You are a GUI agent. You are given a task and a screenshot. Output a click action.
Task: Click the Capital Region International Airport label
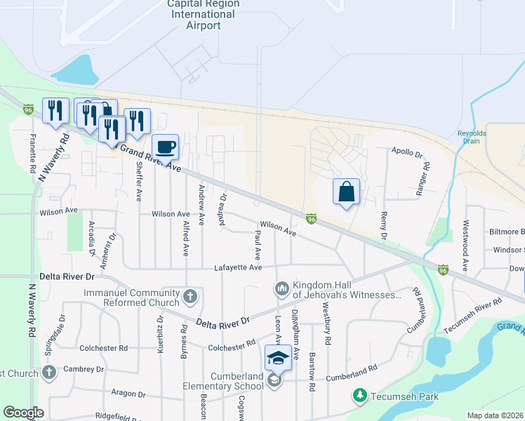click(x=204, y=15)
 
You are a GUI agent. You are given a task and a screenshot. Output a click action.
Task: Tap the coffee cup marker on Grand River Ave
click(x=166, y=147)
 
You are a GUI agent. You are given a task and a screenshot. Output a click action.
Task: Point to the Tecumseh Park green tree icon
click(x=360, y=396)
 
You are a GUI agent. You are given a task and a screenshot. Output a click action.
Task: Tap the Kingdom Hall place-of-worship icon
click(x=281, y=288)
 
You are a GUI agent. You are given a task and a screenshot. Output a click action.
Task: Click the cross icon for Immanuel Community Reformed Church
click(x=190, y=297)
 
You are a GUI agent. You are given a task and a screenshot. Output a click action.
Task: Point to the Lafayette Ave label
click(x=238, y=267)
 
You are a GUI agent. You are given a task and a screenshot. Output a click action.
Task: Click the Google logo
click(x=23, y=413)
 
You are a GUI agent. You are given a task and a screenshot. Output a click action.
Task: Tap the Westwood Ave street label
click(x=465, y=246)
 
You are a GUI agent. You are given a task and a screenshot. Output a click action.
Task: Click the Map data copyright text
click(x=494, y=415)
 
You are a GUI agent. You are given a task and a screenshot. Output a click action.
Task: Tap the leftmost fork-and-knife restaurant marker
click(x=54, y=110)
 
